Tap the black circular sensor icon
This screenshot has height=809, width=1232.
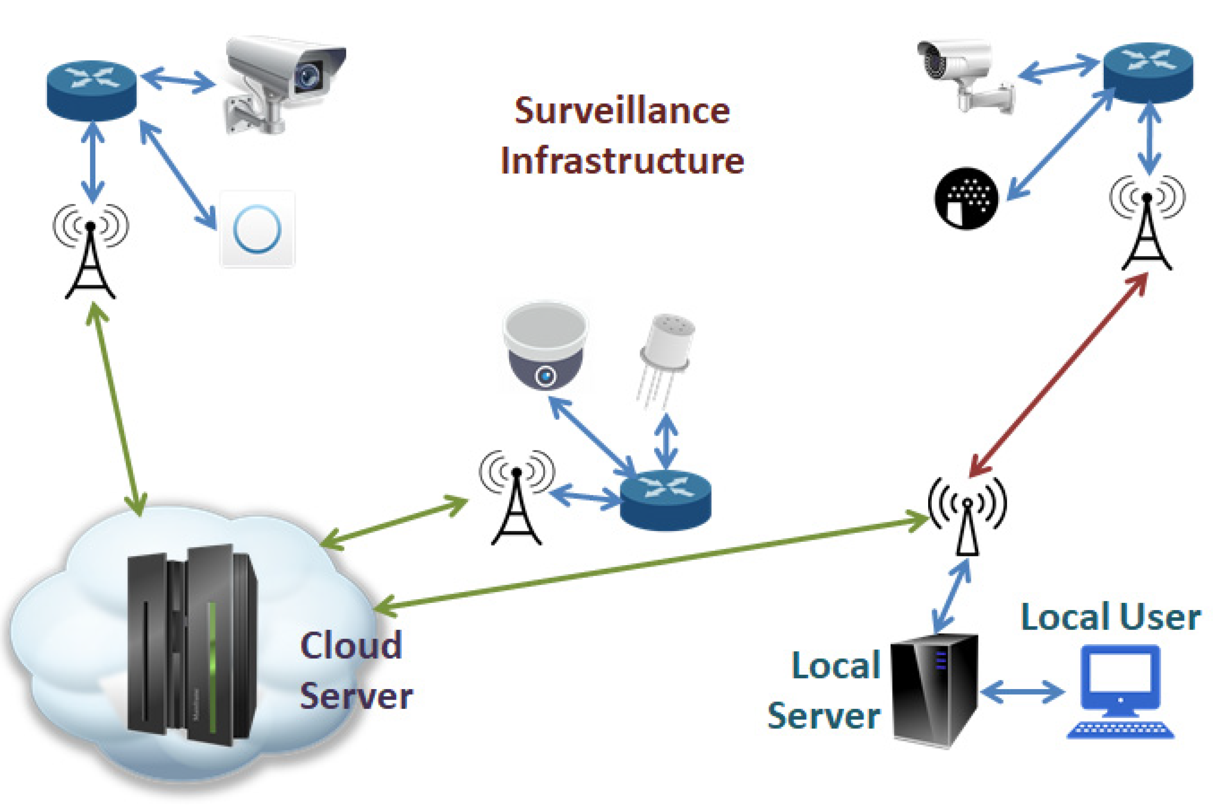click(966, 198)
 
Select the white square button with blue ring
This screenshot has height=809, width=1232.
click(257, 229)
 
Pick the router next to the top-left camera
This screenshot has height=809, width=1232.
click(92, 90)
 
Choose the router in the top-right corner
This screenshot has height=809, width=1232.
click(1148, 72)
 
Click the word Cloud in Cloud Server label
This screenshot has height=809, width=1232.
click(351, 645)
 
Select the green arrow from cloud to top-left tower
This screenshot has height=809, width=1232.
click(116, 409)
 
